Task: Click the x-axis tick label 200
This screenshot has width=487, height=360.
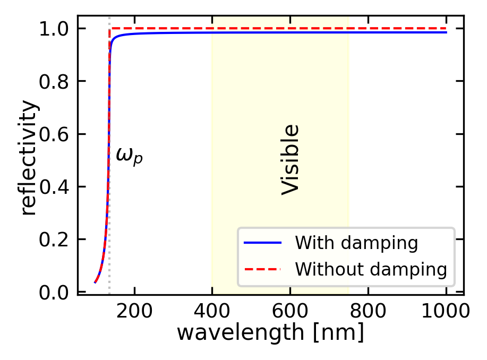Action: coord(134,311)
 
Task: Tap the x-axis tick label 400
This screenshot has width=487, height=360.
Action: coord(212,311)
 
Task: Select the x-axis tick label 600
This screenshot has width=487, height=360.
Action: coord(291,311)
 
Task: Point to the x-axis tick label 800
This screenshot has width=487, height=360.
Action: coord(368,311)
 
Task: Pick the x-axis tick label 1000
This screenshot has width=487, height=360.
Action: coord(446,311)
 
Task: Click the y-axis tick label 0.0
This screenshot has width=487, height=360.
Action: coord(55,293)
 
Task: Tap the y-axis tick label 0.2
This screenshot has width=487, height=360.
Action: coord(55,239)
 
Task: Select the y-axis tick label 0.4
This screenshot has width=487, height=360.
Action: coord(55,187)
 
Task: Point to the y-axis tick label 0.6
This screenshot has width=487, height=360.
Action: coord(55,134)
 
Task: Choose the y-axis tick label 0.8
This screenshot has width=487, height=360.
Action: coord(55,81)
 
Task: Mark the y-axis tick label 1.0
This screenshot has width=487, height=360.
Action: coord(55,28)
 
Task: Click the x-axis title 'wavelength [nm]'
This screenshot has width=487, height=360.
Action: coord(270,333)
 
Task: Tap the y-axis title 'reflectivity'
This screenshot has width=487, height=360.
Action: coord(30,158)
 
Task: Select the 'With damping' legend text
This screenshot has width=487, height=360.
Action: coord(356,243)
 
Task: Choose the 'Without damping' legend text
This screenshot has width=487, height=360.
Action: coord(371,270)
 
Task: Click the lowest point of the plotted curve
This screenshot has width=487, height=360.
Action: coord(95,282)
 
